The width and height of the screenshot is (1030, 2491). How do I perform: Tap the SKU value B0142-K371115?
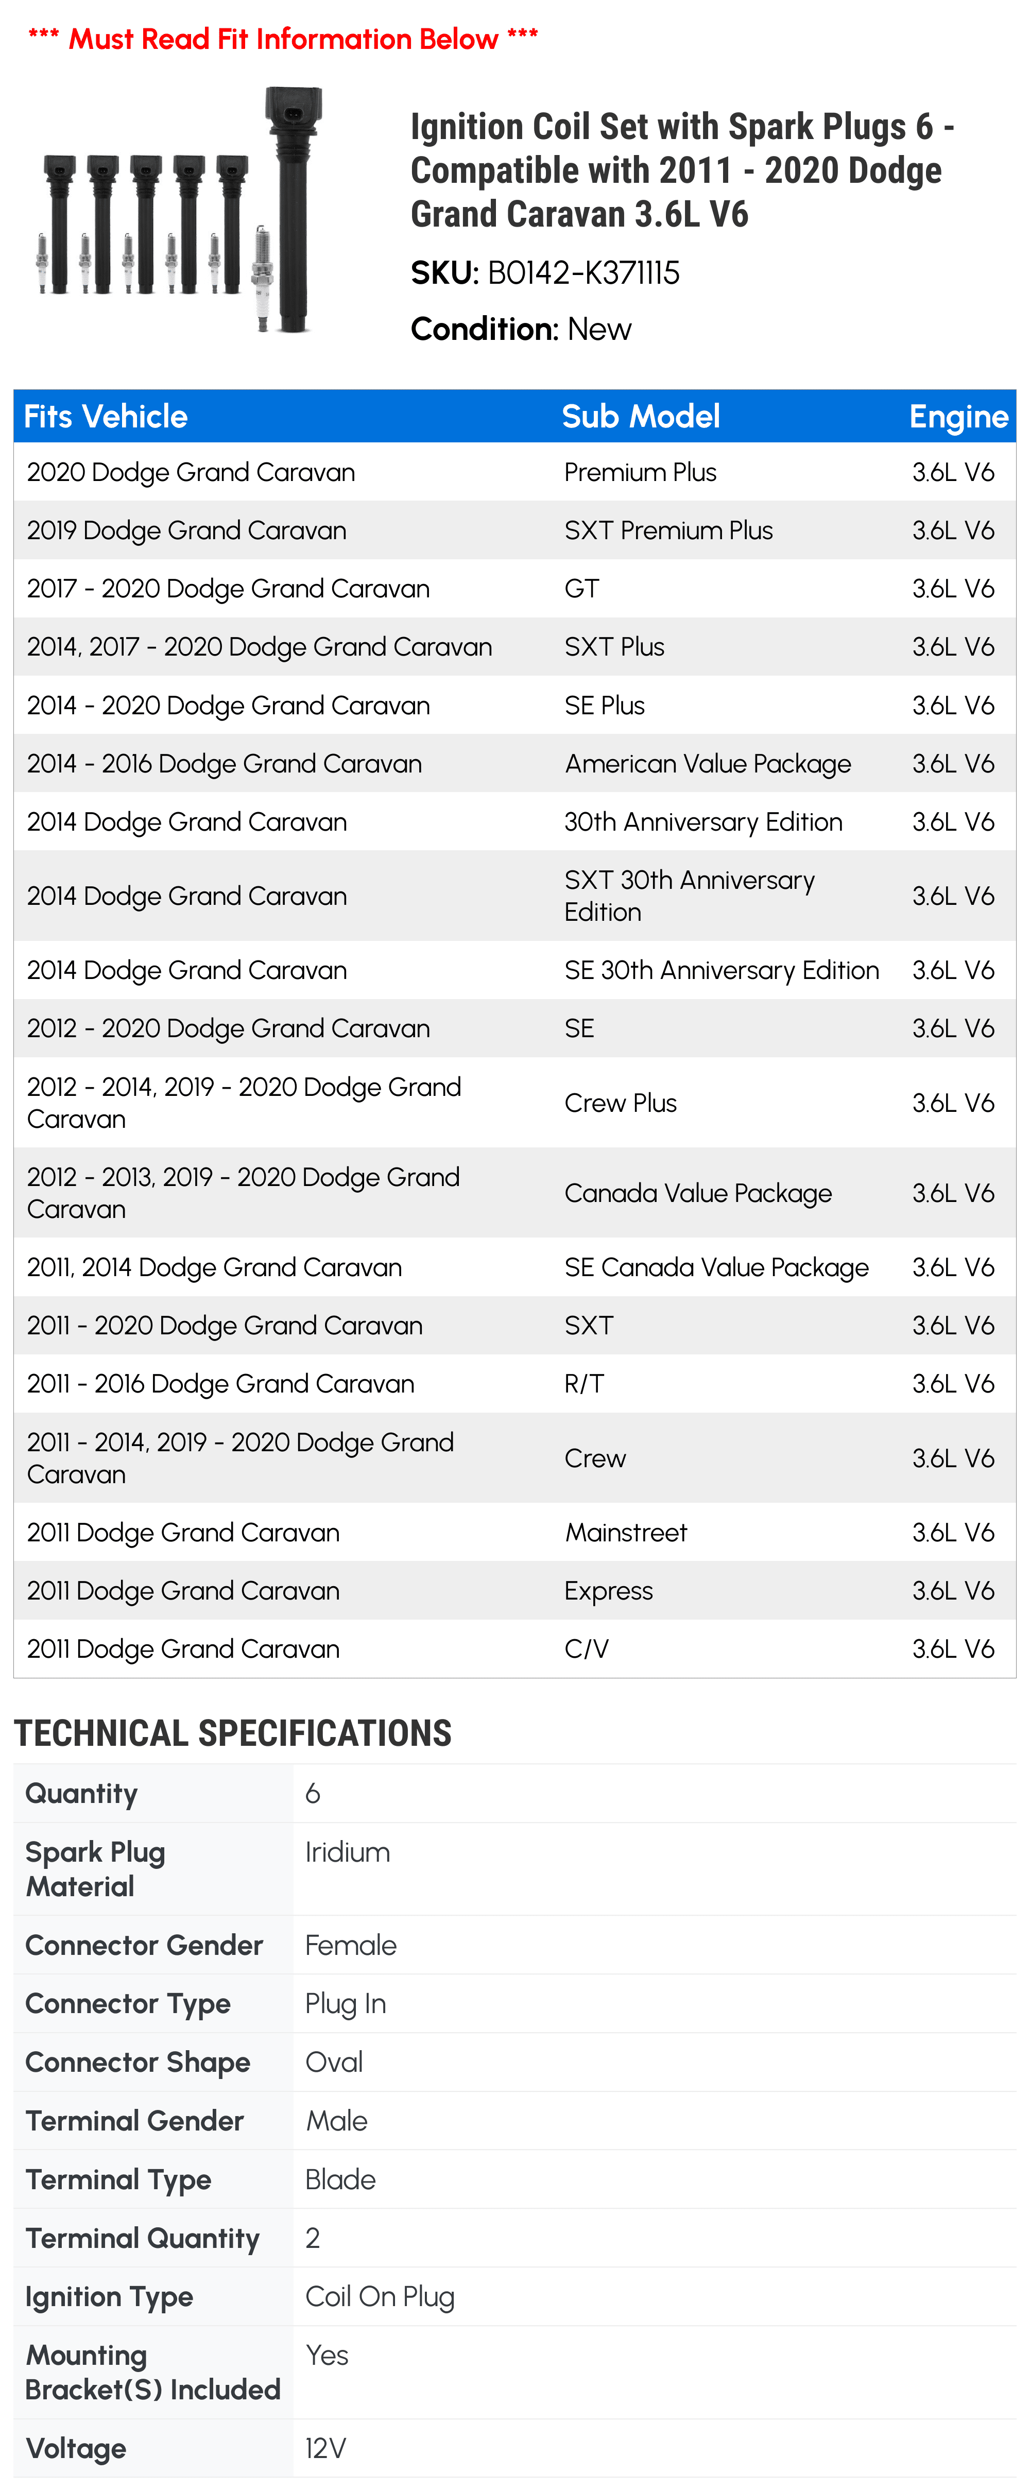[x=583, y=273]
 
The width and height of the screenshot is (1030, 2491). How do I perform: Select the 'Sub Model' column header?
[x=640, y=417]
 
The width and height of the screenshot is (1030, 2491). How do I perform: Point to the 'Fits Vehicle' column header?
[x=106, y=417]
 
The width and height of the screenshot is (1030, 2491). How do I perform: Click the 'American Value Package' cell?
[x=708, y=764]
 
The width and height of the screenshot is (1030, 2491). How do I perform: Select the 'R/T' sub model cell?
[x=584, y=1384]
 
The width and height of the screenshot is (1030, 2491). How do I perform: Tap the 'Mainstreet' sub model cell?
[x=626, y=1533]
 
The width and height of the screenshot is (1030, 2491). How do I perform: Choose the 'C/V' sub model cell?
[x=586, y=1649]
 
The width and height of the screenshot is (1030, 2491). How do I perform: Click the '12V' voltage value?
[x=325, y=2448]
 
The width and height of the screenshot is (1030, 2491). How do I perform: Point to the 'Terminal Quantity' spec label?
[x=142, y=2239]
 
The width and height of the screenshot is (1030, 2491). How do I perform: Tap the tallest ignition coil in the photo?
[x=293, y=208]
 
